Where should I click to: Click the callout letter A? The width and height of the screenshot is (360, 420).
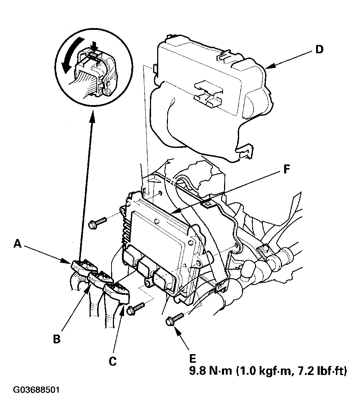pos(18,244)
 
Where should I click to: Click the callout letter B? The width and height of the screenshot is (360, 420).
pos(57,339)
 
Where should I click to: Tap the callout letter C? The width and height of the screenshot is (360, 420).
pos(113,361)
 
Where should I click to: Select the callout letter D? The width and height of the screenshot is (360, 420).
pos(319,50)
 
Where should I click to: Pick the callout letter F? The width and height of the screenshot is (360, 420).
pos(287,169)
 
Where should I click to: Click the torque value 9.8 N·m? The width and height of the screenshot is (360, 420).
pos(211,371)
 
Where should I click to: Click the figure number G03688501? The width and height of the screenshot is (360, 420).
pos(36,389)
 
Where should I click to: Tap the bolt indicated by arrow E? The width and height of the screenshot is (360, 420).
pos(175,319)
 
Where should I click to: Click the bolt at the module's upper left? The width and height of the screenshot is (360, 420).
pos(97,223)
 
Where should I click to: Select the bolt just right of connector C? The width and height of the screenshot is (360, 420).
pos(136,308)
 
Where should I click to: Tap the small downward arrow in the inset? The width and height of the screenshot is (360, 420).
pos(94,47)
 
